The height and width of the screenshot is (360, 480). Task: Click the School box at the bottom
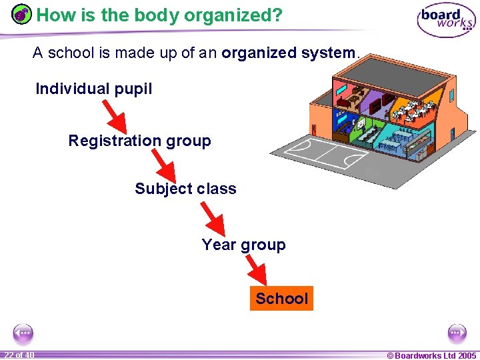(281, 298)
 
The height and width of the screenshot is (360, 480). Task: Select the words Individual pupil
(93, 89)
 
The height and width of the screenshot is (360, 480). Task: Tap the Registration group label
(139, 141)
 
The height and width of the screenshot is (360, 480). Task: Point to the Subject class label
(185, 189)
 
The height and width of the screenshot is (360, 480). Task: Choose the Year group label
(243, 245)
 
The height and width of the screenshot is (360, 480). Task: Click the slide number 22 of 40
(18, 355)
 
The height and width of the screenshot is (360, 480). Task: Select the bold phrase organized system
(289, 52)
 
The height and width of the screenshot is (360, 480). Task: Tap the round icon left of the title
(22, 15)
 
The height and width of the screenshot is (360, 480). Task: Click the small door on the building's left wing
(314, 127)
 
